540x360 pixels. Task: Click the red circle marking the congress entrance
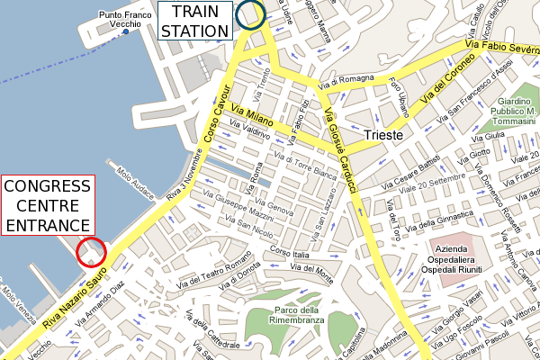(91, 252)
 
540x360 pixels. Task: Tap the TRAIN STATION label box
(194, 22)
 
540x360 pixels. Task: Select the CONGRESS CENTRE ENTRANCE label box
(48, 206)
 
